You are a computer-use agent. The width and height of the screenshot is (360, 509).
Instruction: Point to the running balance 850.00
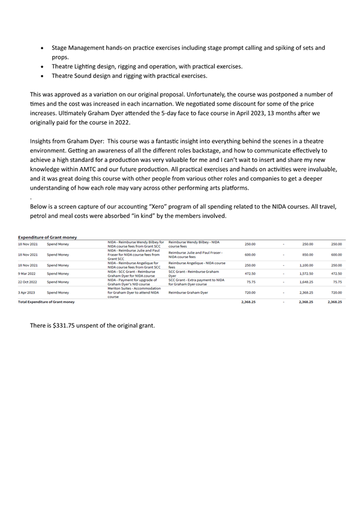pos(307,254)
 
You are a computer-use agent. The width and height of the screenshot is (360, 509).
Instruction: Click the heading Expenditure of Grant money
pos(47,238)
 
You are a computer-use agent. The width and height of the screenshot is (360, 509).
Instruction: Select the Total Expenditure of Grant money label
pos(46,302)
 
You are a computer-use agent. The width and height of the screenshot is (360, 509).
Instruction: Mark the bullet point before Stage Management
pos(41,47)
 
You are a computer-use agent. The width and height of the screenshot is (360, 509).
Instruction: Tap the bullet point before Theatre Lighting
pos(41,67)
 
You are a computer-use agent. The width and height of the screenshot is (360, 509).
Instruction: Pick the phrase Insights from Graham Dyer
pos(65,140)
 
